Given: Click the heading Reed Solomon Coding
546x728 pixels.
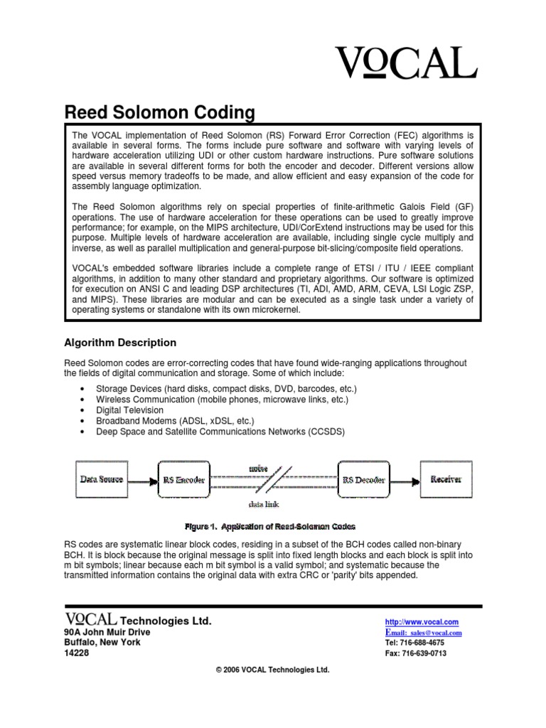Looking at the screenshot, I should click(x=159, y=112).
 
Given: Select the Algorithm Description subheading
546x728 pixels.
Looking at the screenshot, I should click(x=120, y=343).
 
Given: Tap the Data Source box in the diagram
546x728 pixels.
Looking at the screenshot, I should click(x=100, y=480).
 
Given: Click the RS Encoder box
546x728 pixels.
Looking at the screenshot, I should click(x=184, y=480).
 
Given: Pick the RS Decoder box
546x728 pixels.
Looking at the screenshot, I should click(x=363, y=480).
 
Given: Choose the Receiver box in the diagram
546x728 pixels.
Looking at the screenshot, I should click(x=446, y=480).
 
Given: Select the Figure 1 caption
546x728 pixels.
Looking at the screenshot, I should click(x=269, y=527).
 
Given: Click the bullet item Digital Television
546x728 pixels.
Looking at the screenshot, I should click(x=129, y=410).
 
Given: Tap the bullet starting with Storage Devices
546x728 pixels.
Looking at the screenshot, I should click(x=225, y=389).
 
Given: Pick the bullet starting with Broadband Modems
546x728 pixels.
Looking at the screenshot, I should click(x=175, y=421).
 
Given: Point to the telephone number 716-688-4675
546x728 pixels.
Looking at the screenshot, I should click(x=416, y=643).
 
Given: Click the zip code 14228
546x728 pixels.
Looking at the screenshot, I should click(x=77, y=653).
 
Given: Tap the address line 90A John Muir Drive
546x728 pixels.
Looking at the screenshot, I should click(x=107, y=632).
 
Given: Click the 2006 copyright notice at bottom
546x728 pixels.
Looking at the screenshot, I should click(x=272, y=670).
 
